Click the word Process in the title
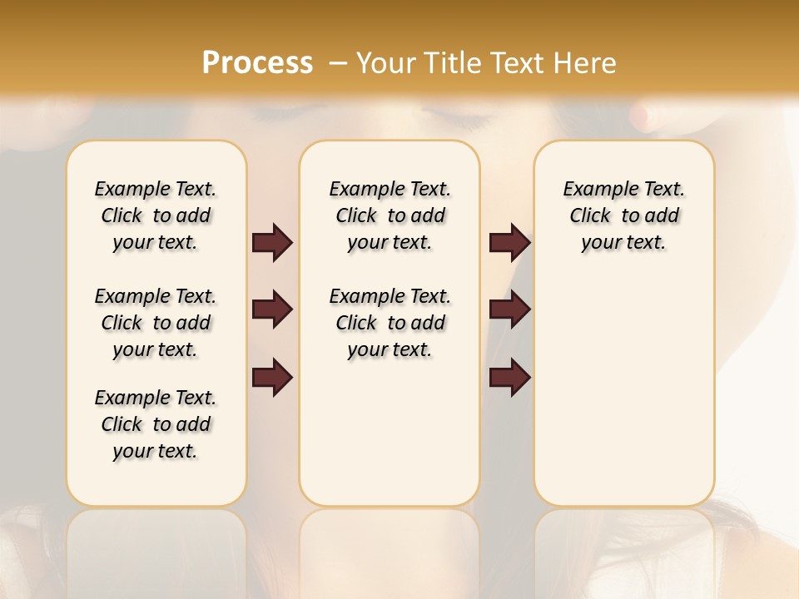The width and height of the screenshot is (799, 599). coord(257,63)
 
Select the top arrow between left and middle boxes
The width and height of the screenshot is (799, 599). coord(272,243)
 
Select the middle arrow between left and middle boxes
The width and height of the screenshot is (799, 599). coord(272,309)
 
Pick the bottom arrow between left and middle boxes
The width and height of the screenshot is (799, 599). coord(272,377)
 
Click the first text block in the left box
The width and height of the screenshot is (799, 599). coord(156,215)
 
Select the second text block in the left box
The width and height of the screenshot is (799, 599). coord(156,323)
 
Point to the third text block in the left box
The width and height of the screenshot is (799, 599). coord(156,424)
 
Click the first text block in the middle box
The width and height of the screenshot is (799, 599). coord(390,215)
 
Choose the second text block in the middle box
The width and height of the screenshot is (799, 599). coord(390,323)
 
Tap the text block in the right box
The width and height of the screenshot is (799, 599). coord(623,215)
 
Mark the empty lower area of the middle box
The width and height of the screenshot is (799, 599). coord(390,433)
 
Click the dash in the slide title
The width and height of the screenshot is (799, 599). coord(338,63)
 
